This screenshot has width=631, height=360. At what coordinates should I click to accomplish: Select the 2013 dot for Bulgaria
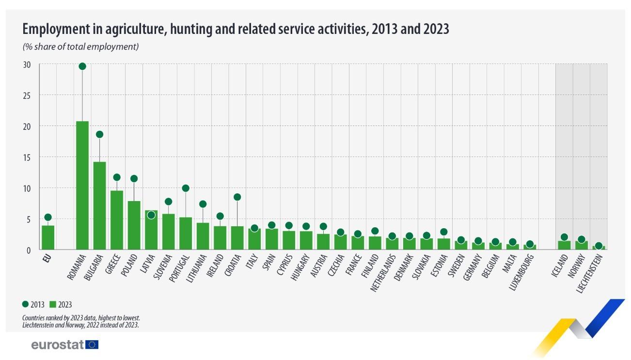click(99, 134)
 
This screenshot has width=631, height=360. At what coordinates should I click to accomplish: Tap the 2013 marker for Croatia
click(237, 197)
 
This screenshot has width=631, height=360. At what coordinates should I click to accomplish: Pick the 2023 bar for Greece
click(117, 220)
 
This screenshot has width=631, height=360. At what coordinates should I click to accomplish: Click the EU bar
click(48, 237)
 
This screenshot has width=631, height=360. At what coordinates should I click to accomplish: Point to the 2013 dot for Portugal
click(186, 188)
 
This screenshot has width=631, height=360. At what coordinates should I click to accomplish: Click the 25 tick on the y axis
click(27, 95)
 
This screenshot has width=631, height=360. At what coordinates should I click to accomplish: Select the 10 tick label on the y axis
click(27, 188)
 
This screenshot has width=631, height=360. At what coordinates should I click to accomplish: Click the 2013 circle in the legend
click(26, 304)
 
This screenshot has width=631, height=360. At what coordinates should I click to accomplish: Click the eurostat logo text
click(58, 344)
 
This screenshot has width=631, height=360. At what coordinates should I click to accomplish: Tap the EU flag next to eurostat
click(92, 344)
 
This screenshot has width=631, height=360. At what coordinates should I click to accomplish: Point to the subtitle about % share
click(81, 47)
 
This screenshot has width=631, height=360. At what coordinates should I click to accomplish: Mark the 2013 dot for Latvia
click(151, 215)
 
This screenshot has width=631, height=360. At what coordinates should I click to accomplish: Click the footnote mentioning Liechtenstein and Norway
click(80, 325)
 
